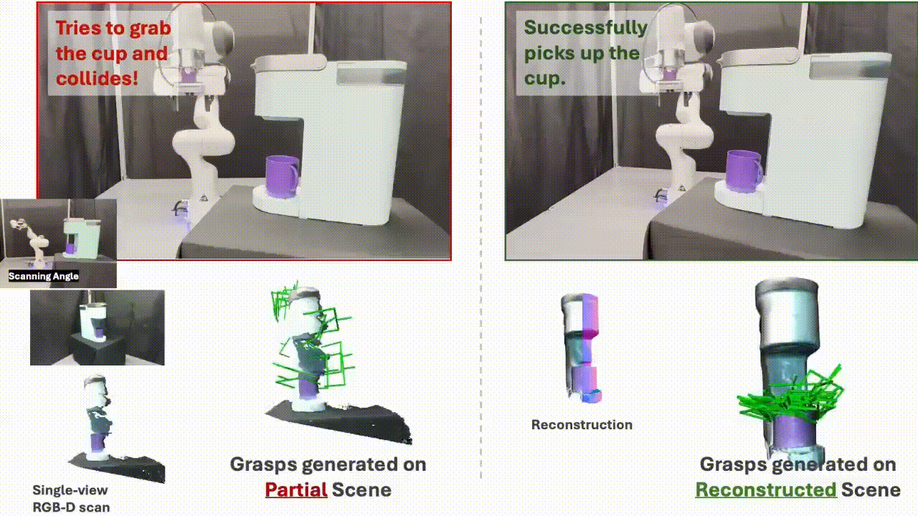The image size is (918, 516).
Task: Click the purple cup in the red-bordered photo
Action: click(x=282, y=176)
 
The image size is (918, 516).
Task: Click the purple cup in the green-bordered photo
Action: click(x=744, y=171)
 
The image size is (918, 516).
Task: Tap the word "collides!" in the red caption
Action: click(x=97, y=79)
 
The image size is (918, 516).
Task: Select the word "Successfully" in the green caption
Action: click(x=586, y=28)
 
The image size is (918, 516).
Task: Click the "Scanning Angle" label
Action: click(x=44, y=276)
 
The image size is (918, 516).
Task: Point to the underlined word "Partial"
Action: click(x=296, y=489)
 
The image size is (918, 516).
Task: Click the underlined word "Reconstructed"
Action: click(x=766, y=489)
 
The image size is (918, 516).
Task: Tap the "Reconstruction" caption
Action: click(x=582, y=425)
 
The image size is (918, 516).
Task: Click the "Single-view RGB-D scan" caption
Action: click(x=71, y=498)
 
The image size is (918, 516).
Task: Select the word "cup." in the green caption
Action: click(x=544, y=78)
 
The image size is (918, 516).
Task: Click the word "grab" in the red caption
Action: click(x=151, y=29)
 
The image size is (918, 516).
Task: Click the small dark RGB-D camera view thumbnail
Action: click(x=97, y=328)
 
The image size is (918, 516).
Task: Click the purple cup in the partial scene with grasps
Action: click(x=306, y=389)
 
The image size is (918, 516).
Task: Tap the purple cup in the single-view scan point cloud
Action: click(x=98, y=443)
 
